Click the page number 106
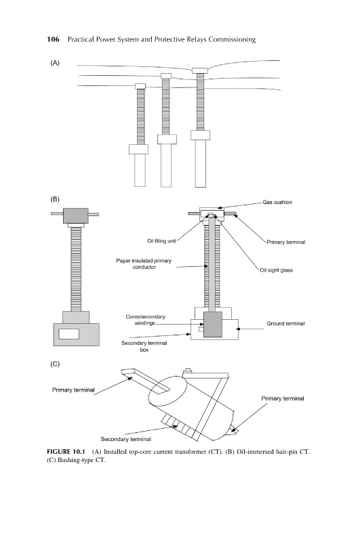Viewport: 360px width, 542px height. point(53,39)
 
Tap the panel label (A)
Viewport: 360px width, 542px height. point(55,63)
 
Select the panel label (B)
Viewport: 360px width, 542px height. point(55,199)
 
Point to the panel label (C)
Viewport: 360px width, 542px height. point(55,364)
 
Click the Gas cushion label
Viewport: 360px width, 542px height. point(277,202)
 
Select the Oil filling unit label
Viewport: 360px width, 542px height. point(161,241)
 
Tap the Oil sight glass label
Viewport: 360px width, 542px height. point(277,270)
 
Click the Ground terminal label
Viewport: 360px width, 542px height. point(285,324)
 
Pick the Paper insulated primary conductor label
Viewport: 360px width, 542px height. point(144,264)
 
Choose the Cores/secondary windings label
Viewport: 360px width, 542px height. point(145,320)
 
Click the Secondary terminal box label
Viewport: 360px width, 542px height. point(144,346)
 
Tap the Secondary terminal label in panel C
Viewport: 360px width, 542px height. point(126,439)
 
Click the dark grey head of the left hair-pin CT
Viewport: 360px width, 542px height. point(76,215)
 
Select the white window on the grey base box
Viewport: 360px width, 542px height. point(69,334)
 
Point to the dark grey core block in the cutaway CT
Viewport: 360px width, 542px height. point(213,325)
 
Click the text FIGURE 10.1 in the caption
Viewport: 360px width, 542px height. point(66,452)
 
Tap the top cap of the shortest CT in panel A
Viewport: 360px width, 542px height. point(140,87)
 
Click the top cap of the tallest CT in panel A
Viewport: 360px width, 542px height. point(200,71)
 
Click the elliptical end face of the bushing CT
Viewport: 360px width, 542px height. point(167,391)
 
